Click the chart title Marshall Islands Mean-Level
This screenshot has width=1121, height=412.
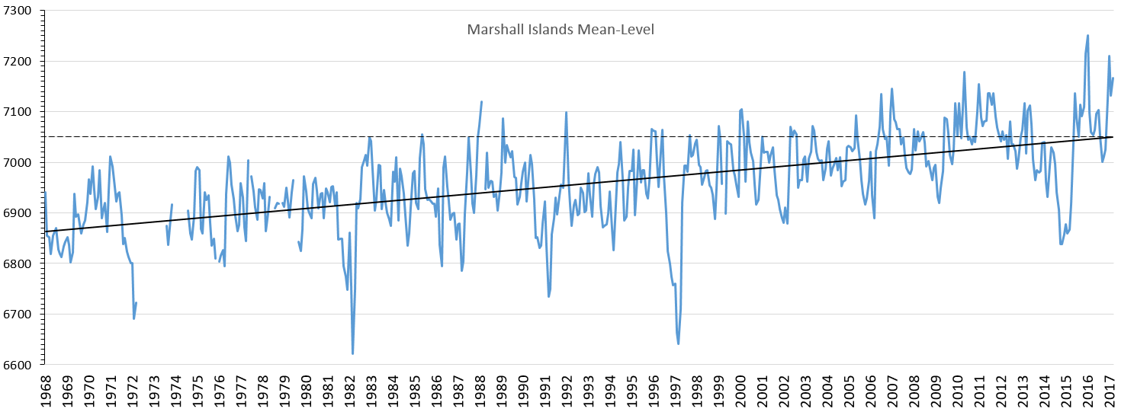(560, 30)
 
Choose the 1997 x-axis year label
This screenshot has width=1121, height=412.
(676, 388)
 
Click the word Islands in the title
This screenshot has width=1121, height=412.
(546, 30)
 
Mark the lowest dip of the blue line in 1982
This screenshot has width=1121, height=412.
(352, 353)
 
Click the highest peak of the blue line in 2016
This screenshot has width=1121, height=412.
(1087, 35)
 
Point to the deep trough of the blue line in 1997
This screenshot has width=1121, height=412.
(679, 343)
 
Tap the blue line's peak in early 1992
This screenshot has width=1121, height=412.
(566, 113)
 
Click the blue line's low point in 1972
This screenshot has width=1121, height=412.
(133, 318)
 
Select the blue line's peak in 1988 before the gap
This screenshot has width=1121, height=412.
(481, 101)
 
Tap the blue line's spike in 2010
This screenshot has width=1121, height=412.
(964, 72)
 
